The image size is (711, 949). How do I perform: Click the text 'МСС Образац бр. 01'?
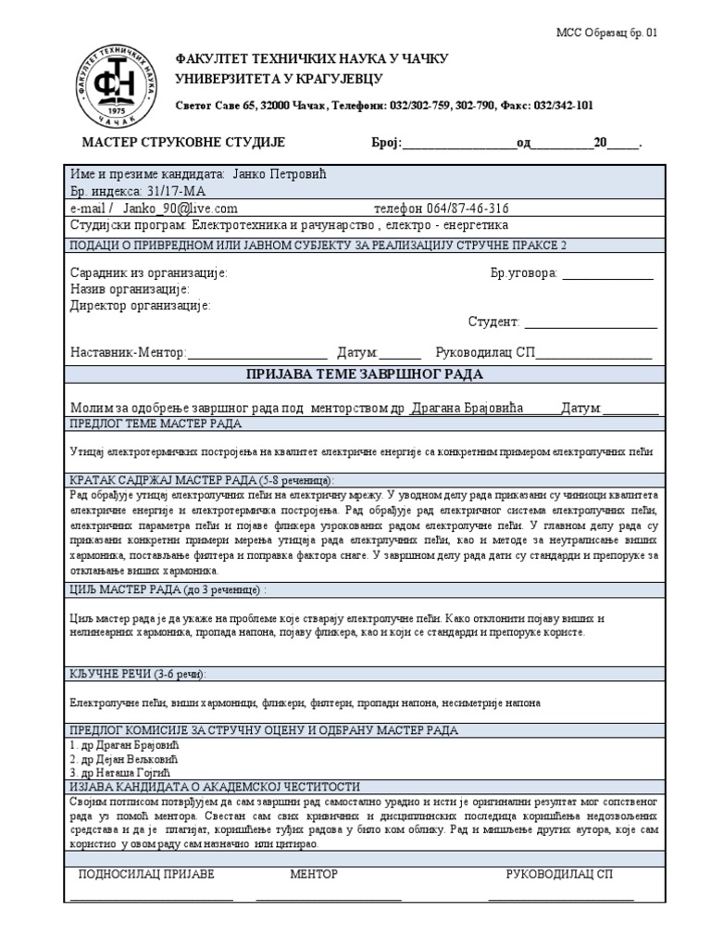(x=607, y=32)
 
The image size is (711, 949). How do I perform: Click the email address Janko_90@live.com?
(x=180, y=209)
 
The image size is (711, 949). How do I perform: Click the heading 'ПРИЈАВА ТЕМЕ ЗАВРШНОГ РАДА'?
(x=364, y=374)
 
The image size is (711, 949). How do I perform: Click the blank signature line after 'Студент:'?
(x=591, y=322)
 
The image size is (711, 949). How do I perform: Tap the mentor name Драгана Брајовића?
(x=468, y=408)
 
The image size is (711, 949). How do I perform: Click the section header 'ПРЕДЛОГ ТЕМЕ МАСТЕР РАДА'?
(x=156, y=424)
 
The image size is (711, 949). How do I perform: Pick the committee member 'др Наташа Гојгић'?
(x=126, y=772)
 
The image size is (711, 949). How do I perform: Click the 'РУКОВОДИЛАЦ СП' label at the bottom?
(x=559, y=874)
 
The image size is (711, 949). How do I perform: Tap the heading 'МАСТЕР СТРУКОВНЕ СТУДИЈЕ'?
(x=183, y=142)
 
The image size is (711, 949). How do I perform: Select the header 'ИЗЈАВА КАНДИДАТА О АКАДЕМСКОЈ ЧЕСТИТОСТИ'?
(x=215, y=786)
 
